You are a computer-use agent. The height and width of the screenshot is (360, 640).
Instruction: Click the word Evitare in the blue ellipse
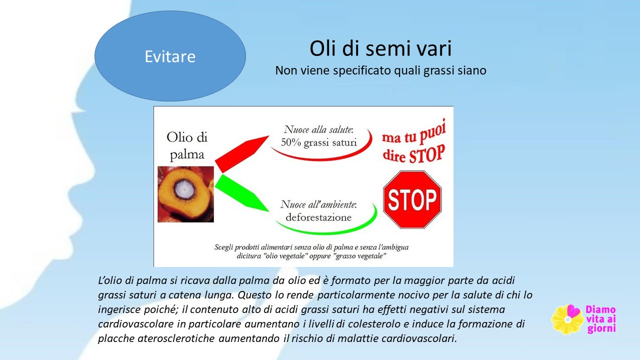click(170, 56)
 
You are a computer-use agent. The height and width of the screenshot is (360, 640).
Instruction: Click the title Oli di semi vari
click(380, 48)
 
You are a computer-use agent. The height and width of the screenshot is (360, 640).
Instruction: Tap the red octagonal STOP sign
click(412, 199)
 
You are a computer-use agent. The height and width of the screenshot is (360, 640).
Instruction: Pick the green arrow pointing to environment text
click(241, 193)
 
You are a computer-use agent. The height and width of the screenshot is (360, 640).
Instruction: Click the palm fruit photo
click(185, 194)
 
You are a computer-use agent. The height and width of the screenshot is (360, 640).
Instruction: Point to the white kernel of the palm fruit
click(184, 189)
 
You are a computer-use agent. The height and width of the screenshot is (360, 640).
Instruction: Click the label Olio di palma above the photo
click(187, 145)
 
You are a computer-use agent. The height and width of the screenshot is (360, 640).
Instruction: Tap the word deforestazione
click(318, 217)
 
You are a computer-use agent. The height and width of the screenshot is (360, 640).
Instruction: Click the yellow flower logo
click(567, 319)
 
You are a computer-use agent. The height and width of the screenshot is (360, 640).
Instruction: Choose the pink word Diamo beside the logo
click(600, 309)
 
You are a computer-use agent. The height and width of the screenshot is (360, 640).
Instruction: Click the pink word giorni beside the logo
click(601, 328)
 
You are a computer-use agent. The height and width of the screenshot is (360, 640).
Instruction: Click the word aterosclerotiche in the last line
click(176, 338)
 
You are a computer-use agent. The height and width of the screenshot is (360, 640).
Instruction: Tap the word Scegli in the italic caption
click(223, 247)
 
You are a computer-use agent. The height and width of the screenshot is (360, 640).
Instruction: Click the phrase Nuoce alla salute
click(318, 129)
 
